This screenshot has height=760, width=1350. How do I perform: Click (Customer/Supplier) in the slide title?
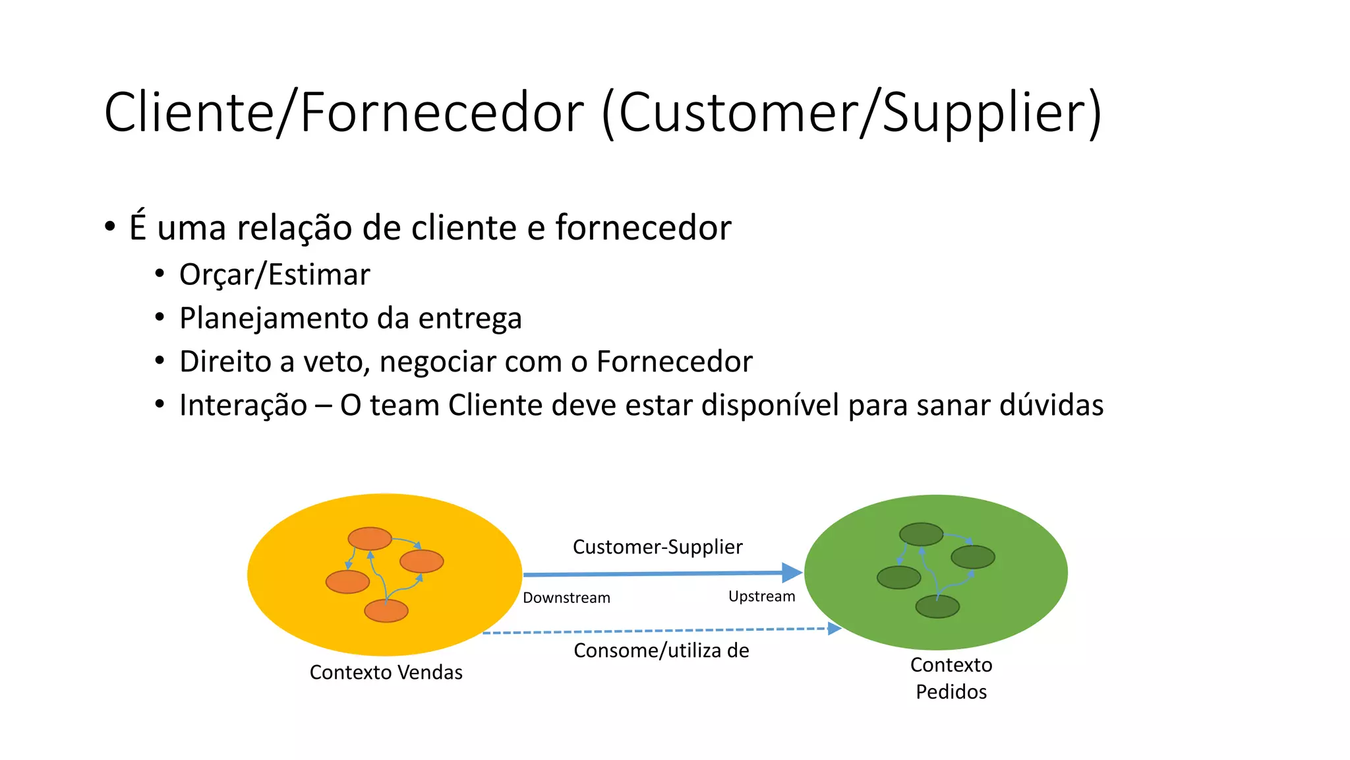coord(851,112)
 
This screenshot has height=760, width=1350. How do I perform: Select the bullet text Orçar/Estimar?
coord(274,274)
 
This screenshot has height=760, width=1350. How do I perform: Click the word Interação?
coord(243,405)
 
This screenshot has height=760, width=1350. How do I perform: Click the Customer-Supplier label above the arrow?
coord(657,547)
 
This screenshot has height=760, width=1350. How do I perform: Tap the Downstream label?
coord(566,598)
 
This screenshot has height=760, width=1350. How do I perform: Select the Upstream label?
coord(761,596)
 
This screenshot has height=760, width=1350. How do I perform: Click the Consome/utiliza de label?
coord(661,650)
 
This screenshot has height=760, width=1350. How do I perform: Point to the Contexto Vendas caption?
coord(386,672)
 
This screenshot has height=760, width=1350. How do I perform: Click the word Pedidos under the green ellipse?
coord(951,692)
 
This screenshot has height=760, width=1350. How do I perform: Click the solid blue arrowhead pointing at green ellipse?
coord(792,573)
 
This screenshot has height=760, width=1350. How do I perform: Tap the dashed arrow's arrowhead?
coord(835,628)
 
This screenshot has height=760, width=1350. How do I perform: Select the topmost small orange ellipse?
coord(370,538)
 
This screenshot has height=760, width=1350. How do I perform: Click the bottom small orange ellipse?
coord(386,611)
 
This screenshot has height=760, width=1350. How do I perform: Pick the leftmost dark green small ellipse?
coord(898,577)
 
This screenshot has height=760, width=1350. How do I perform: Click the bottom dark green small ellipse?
coord(937,606)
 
